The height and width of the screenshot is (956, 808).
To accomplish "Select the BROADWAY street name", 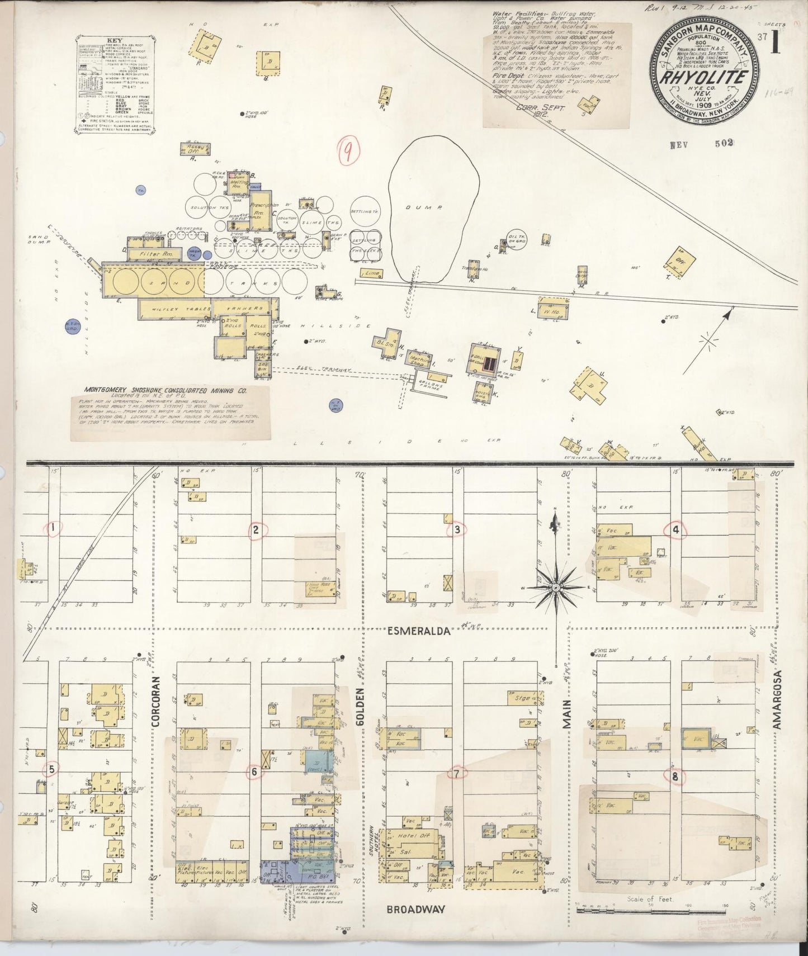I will pyautogui.click(x=416, y=909).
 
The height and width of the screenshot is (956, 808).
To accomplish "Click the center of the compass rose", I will pyautogui.click(x=556, y=589).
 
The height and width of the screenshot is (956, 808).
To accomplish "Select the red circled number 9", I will pyautogui.click(x=348, y=151).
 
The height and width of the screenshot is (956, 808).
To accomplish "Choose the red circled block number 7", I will pyautogui.click(x=457, y=774).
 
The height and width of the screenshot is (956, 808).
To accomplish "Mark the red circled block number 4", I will pyautogui.click(x=675, y=530).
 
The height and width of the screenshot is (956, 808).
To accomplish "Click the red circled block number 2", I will pyautogui.click(x=255, y=530).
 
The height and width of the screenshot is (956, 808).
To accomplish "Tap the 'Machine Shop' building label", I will pyautogui.click(x=418, y=358).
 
